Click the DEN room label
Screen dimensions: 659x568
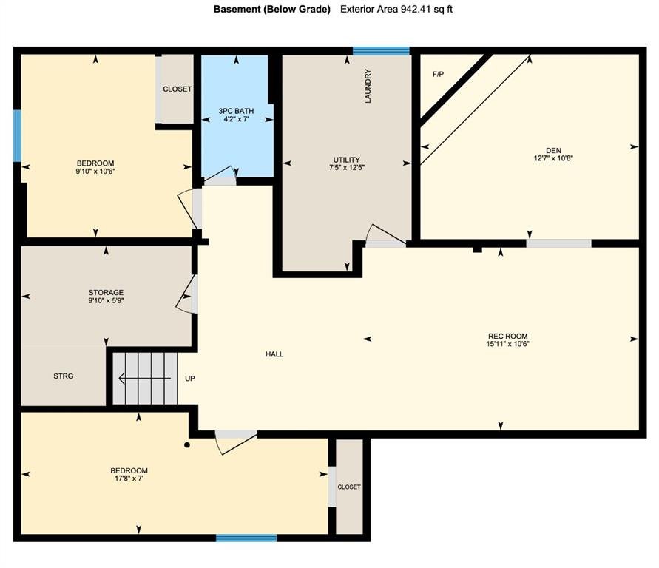click(x=553, y=150)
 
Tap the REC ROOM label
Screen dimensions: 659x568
click(x=507, y=336)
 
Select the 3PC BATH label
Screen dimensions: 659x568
click(x=236, y=111)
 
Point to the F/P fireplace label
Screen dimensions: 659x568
click(x=438, y=75)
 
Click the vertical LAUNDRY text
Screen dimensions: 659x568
click(x=368, y=86)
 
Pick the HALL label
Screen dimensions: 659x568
click(x=274, y=354)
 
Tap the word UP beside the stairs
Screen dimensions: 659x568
click(x=190, y=379)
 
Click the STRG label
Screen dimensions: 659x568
click(x=64, y=376)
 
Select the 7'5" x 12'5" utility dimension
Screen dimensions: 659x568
click(x=347, y=168)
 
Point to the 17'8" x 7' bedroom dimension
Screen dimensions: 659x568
click(x=129, y=479)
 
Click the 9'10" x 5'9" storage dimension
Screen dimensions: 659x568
click(x=106, y=300)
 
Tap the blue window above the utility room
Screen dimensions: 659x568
click(x=381, y=51)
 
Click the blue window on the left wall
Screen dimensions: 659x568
click(x=17, y=135)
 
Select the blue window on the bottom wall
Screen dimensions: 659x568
click(x=246, y=538)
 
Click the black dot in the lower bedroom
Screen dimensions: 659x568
click(x=187, y=445)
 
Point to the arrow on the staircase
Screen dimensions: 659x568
click(x=145, y=379)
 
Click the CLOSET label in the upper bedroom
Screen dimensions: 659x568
click(x=178, y=89)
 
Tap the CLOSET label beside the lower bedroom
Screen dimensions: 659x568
click(x=349, y=487)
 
